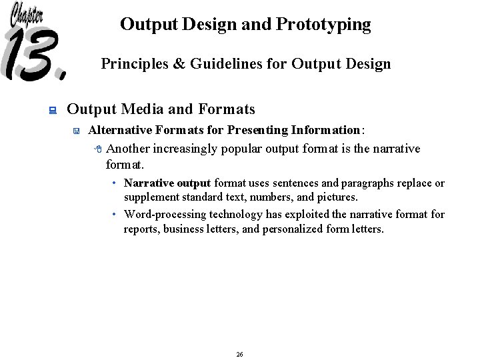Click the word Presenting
click(x=255, y=130)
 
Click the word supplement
click(x=151, y=197)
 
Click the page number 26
click(x=239, y=354)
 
